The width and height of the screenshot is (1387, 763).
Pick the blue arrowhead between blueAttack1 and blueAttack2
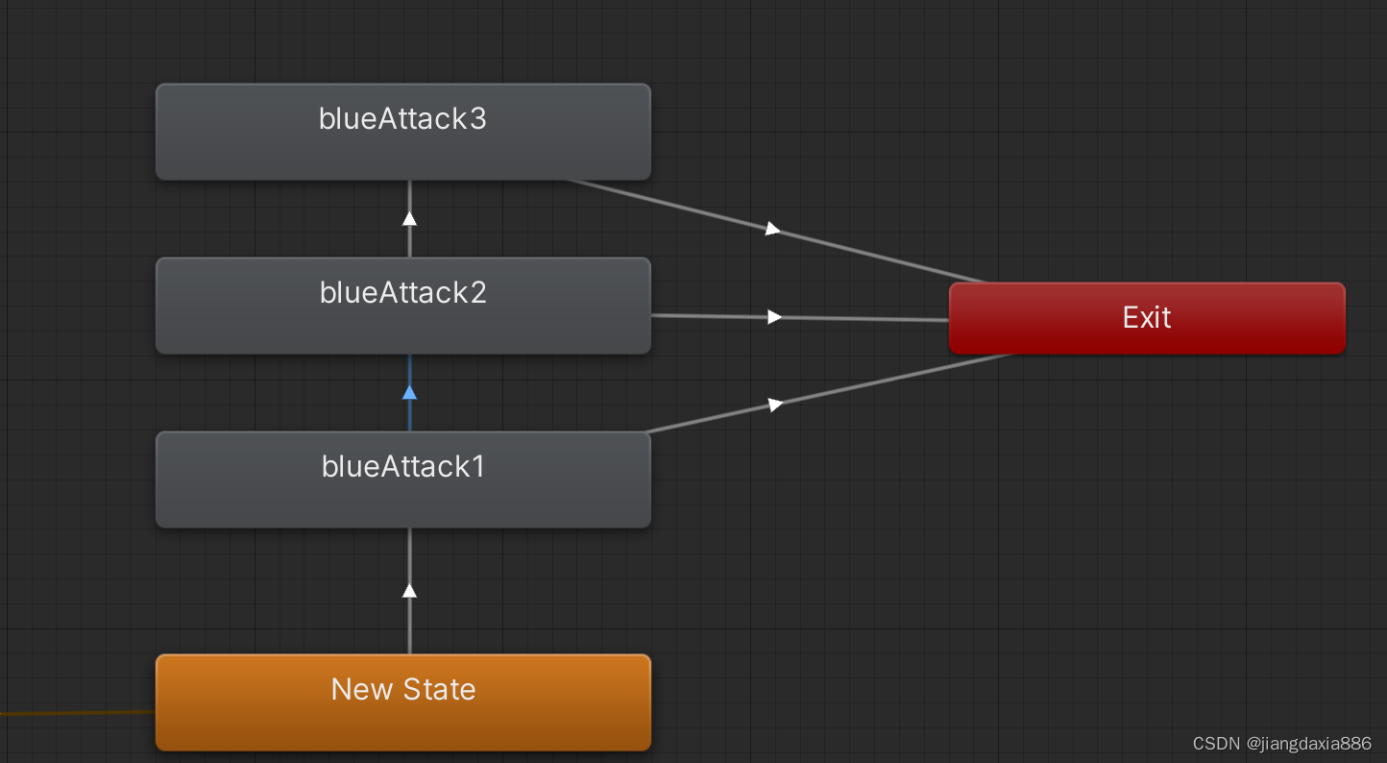click(x=409, y=392)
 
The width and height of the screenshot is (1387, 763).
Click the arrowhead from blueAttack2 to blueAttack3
click(x=409, y=218)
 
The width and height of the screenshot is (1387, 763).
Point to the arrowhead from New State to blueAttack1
click(x=409, y=589)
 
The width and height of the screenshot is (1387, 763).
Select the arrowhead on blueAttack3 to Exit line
click(x=772, y=229)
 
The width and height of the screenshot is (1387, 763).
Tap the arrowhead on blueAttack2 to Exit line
click(x=774, y=317)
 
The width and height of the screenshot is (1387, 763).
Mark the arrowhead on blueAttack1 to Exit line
click(x=775, y=405)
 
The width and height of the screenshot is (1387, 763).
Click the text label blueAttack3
click(x=402, y=118)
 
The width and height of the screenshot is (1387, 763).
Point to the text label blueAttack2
click(x=402, y=292)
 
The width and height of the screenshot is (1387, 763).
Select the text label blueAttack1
click(x=402, y=466)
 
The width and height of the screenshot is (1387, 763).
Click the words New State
click(x=402, y=688)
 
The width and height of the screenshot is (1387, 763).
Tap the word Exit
click(x=1147, y=317)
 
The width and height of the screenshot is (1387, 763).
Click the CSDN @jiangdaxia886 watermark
click(x=1281, y=744)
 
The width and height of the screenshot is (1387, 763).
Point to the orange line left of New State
click(x=77, y=713)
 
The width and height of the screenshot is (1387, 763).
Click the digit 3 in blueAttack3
click(x=477, y=118)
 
